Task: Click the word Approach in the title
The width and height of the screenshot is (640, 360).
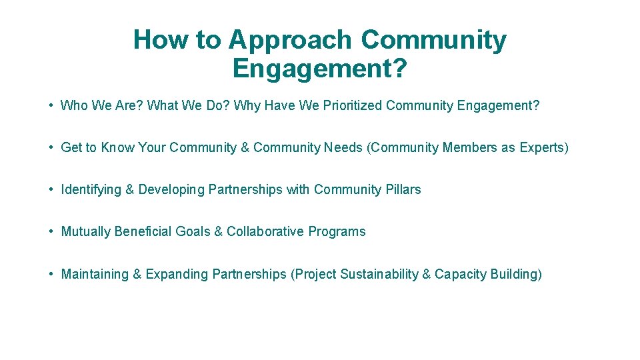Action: pos(289,41)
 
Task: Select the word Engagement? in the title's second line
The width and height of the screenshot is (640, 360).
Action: pos(319,68)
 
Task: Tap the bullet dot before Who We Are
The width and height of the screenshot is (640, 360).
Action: pos(51,105)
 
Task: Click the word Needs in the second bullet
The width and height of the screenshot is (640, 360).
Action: pos(343,147)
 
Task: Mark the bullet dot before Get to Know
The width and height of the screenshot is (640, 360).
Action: pos(51,147)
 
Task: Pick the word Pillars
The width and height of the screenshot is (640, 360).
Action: pos(403,189)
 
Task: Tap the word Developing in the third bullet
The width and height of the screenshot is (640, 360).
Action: pos(171,190)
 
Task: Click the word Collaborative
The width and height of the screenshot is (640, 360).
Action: pos(265,231)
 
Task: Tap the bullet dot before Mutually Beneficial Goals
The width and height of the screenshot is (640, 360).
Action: pos(51,232)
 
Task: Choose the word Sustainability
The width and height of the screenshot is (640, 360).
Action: pos(377,274)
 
